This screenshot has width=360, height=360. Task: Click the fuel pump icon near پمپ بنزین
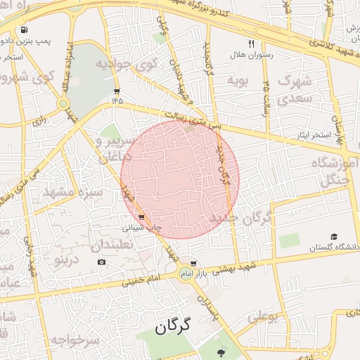point(25,30)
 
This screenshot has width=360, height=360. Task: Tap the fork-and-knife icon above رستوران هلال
point(251,43)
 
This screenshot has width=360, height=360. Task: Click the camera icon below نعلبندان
point(102,262)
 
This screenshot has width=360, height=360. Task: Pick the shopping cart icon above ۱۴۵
point(116,91)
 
